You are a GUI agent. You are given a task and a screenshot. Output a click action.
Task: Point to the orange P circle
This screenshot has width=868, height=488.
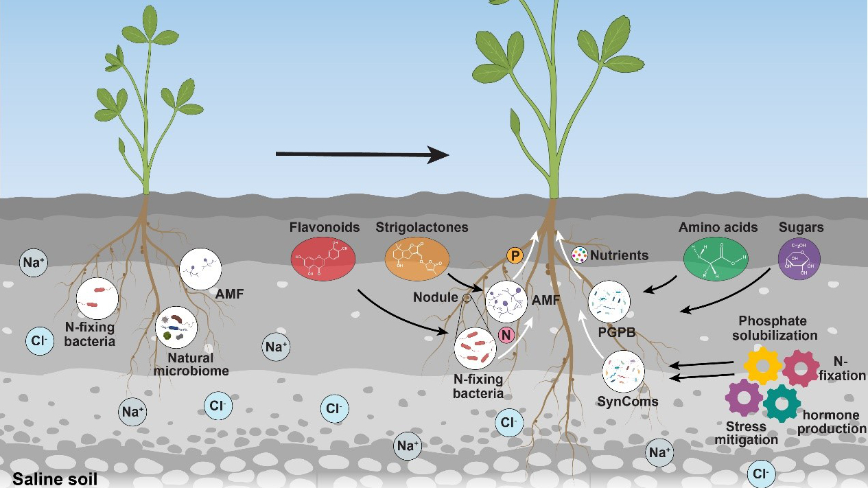click(515, 255)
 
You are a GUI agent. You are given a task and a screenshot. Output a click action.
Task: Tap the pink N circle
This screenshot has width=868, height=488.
click(506, 335)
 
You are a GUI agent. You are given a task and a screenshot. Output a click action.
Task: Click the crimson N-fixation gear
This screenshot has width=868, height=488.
click(801, 367)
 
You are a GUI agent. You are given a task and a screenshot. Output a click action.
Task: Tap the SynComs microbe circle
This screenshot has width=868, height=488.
click(623, 370)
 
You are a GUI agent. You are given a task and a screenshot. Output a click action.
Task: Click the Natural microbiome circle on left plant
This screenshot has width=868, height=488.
click(176, 328)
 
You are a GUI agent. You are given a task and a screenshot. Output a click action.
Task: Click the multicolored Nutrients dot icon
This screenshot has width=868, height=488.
click(580, 255)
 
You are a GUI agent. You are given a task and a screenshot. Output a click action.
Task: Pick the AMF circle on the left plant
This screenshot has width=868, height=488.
click(200, 269)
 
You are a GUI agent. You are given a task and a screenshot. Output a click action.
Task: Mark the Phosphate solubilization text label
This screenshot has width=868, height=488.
click(778, 328)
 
